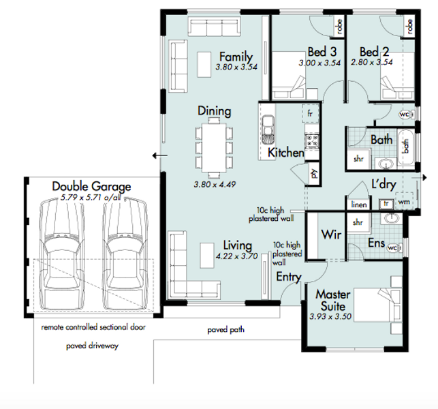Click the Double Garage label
pos(92,187)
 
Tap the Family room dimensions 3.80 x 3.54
pos(236,67)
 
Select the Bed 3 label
pos(322,52)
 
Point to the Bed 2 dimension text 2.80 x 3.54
pos(372,62)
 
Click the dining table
pos(215,148)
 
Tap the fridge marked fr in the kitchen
pos(310,114)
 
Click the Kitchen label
pos(286,153)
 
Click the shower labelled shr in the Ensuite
pos(359,222)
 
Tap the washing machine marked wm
pos(404,201)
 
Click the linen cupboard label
pos(359,204)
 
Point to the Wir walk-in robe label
pos(331,234)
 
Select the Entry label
pos(289,277)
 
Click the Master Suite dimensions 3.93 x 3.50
pos(330,317)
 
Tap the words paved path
pos(225,330)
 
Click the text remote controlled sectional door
pos(93,327)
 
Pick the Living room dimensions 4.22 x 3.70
pos(236,256)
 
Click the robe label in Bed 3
pos(339,27)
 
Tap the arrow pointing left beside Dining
pos(160,155)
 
